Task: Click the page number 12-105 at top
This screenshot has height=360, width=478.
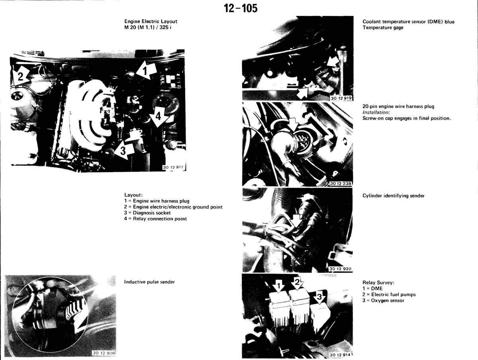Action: [x=241, y=8]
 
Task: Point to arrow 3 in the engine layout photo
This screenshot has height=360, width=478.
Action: [x=124, y=150]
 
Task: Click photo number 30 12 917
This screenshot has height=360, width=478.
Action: [x=173, y=167]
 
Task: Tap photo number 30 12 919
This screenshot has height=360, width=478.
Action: [x=341, y=98]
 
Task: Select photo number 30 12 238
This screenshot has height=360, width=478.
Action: [x=340, y=184]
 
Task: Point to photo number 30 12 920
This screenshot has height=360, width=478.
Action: [x=340, y=269]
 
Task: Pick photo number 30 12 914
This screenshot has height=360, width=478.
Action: [x=340, y=355]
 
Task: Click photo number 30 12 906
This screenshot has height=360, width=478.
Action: [x=104, y=353]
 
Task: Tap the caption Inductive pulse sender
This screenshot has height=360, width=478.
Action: [x=149, y=282]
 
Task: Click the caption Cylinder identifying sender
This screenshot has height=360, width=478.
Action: [x=394, y=196]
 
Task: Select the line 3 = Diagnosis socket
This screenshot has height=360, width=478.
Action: [x=147, y=213]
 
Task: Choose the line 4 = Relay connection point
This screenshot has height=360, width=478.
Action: [x=155, y=219]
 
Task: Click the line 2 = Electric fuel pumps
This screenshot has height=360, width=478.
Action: [x=389, y=294]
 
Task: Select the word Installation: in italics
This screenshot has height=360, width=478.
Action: [x=376, y=112]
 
